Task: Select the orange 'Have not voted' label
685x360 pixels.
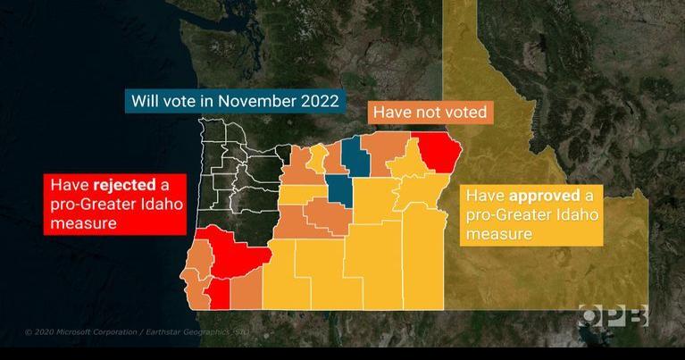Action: pyautogui.click(x=430, y=113)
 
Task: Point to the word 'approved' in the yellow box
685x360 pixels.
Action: pyautogui.click(x=543, y=196)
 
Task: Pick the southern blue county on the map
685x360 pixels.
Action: pyautogui.click(x=339, y=188)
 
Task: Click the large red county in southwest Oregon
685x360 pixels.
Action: pyautogui.click(x=228, y=252)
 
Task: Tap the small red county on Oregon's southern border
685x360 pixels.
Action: pyautogui.click(x=216, y=290)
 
